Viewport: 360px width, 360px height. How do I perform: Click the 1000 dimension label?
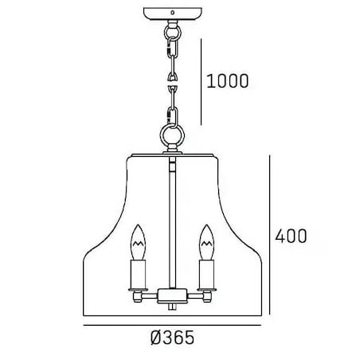click(228, 80)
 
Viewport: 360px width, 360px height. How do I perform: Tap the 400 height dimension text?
click(291, 236)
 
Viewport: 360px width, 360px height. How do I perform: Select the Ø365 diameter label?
click(172, 338)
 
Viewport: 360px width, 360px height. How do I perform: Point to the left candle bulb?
click(139, 242)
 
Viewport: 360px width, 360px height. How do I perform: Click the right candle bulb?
click(206, 242)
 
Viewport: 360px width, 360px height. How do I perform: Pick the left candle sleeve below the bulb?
click(138, 275)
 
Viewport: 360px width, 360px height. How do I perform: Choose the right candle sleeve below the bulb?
click(206, 275)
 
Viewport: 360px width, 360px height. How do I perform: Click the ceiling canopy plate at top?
click(173, 14)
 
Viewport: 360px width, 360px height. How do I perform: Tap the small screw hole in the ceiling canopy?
click(173, 12)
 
